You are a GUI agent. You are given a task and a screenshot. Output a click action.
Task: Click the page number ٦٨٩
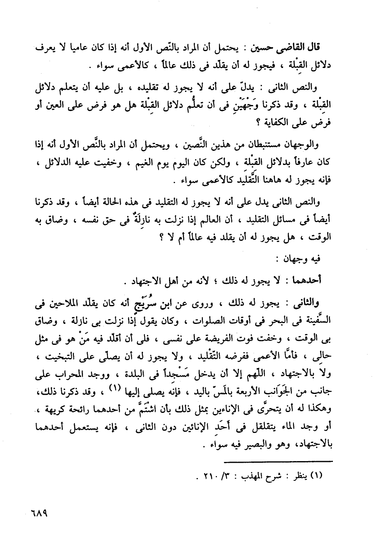click(39, 514)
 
